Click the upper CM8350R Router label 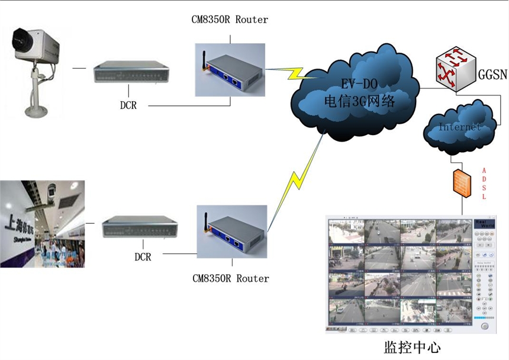[x=230, y=20]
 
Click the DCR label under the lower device [x=143, y=257]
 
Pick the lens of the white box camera [x=19, y=42]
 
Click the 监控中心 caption [x=413, y=345]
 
